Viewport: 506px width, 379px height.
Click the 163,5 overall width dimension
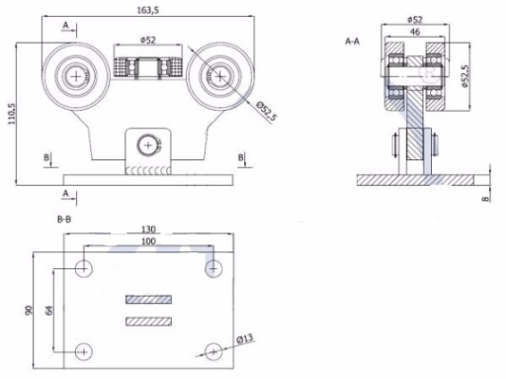tap(148, 10)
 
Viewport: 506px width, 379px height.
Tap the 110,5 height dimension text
tap(12, 114)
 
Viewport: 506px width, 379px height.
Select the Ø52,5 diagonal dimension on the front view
tap(267, 111)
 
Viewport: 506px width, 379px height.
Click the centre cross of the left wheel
tap(76, 76)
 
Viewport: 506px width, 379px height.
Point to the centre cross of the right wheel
tap(219, 76)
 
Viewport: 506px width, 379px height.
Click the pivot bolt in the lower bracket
tap(148, 145)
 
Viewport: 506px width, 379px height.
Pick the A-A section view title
tap(352, 42)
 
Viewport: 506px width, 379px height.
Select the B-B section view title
tap(64, 220)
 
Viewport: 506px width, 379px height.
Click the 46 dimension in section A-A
tap(415, 32)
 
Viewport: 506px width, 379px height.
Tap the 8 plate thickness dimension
tap(485, 199)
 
